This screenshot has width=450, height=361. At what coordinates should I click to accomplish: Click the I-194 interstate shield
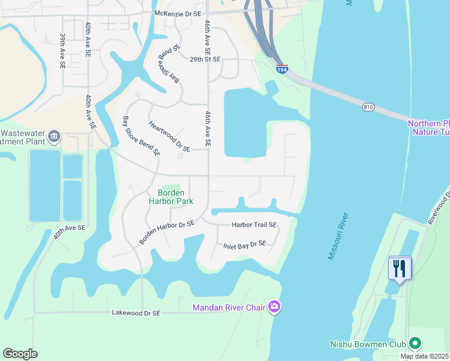[x=282, y=69]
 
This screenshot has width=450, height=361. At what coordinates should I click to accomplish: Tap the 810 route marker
[x=369, y=106]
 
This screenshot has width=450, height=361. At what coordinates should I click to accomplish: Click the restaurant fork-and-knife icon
[x=400, y=268]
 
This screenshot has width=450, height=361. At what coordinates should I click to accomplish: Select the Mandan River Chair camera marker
[x=274, y=307]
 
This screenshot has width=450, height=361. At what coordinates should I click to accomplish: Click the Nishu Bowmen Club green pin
[x=414, y=344]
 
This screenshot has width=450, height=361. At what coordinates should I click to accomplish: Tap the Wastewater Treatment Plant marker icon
[x=55, y=136]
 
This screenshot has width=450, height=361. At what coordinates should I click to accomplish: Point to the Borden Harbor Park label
[x=171, y=197]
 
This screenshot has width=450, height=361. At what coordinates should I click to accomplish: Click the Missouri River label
[x=339, y=235]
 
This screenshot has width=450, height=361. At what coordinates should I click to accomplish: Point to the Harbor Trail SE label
[x=254, y=225]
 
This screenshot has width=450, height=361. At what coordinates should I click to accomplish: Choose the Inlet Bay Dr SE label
[x=244, y=244]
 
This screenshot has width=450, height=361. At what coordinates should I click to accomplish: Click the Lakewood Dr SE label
[x=136, y=313]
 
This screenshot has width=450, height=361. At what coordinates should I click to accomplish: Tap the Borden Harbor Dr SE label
[x=167, y=232]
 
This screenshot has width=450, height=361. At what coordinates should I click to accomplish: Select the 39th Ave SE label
[x=63, y=51]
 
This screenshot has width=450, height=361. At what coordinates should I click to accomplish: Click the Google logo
[x=20, y=354]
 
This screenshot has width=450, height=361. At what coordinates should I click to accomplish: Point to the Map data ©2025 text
[x=425, y=356]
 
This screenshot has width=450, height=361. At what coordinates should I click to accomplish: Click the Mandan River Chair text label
[x=229, y=307]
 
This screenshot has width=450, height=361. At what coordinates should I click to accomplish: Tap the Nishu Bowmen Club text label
[x=368, y=345]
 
